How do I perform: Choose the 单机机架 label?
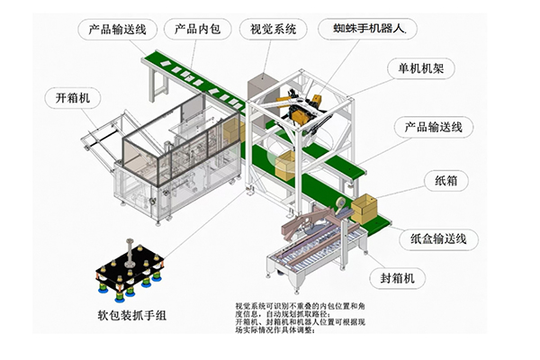coord(414,68)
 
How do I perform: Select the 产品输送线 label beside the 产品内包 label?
coord(112,29)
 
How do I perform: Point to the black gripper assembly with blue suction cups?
coord(131,269)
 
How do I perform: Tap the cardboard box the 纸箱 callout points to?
coord(365,209)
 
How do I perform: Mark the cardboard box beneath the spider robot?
coord(284,165)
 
